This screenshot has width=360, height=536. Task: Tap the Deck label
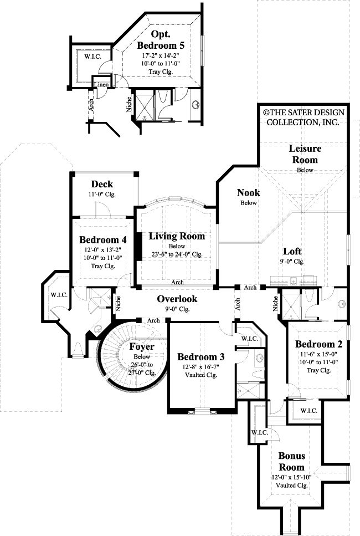click(102, 184)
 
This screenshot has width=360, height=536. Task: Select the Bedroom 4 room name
click(103, 240)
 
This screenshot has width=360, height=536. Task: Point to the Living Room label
click(177, 236)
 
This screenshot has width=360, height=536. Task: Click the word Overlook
click(177, 299)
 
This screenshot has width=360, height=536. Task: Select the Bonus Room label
click(292, 461)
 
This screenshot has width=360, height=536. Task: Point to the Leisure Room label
click(305, 154)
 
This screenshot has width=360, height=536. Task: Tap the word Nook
click(248, 193)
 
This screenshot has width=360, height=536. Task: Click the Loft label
click(292, 251)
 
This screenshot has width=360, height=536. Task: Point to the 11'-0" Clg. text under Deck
click(102, 195)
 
